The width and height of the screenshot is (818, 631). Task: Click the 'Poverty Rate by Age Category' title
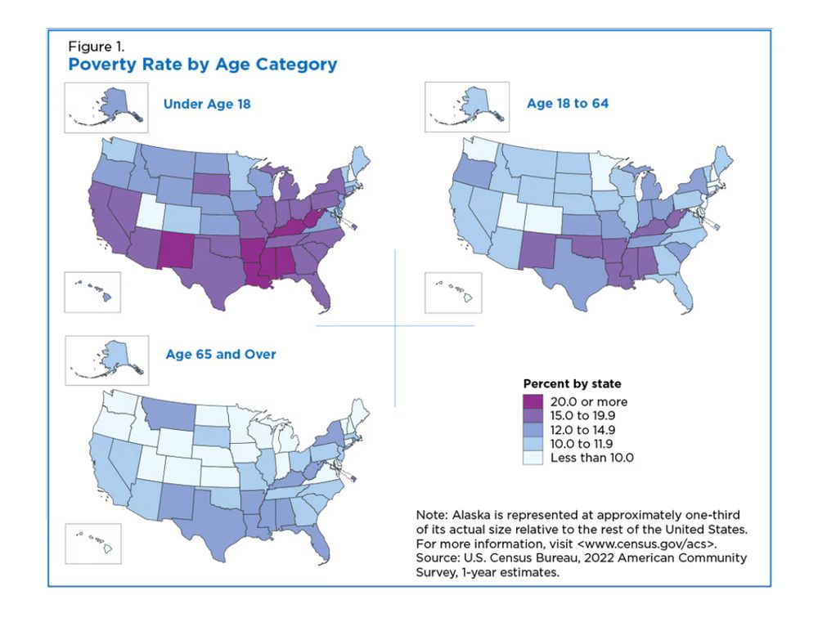202,65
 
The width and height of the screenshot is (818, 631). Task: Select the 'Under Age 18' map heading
207,104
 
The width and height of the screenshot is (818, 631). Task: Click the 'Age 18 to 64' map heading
568,104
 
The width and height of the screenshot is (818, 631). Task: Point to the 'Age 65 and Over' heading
221,354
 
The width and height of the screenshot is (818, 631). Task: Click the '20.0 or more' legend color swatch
533,401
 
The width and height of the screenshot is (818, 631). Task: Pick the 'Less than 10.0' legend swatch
533,458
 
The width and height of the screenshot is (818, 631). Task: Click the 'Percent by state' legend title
572,383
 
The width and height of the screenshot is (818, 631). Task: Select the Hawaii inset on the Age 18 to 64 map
454,292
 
